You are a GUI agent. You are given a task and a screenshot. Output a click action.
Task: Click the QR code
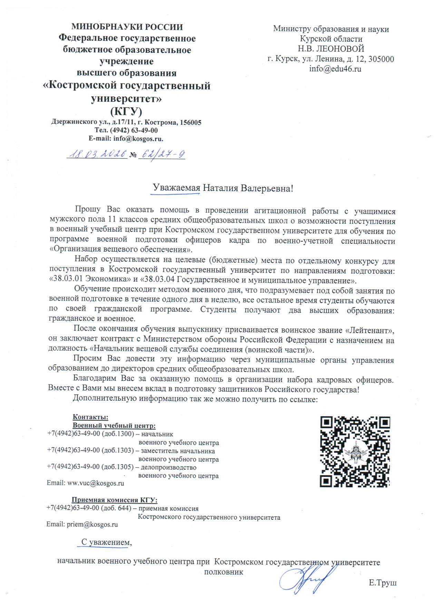coord(355,452)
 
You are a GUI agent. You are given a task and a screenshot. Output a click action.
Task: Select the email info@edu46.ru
coord(335,69)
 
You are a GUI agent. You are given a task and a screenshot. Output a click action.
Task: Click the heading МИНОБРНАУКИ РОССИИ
coord(127,27)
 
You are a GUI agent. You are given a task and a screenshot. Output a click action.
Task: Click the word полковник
coord(224,572)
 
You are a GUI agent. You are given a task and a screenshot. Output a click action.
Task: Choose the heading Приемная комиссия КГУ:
coord(114,500)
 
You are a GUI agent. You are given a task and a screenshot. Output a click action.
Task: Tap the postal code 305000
coord(381,59)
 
